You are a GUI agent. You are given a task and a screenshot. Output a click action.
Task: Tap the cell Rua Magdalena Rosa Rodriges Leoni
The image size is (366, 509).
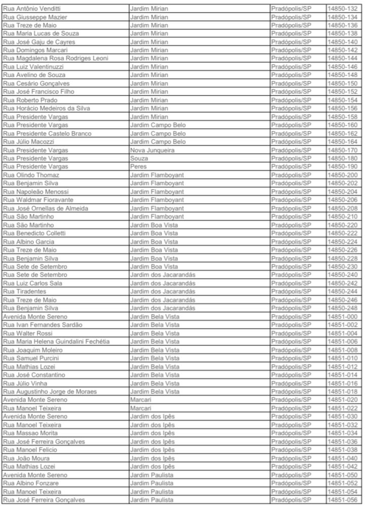click(55, 59)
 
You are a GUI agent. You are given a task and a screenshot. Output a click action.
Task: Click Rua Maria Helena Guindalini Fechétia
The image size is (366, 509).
click(56, 342)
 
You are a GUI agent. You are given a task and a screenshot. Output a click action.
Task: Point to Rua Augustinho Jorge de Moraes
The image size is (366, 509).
click(50, 391)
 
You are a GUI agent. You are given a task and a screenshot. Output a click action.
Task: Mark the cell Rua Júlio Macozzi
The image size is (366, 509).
click(29, 142)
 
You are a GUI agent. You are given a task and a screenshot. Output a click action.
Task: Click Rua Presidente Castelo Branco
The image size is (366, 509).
click(47, 134)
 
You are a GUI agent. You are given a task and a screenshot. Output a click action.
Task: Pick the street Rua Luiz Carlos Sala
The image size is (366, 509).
click(32, 283)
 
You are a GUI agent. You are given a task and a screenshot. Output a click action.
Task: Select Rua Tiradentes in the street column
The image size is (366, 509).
click(25, 291)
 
